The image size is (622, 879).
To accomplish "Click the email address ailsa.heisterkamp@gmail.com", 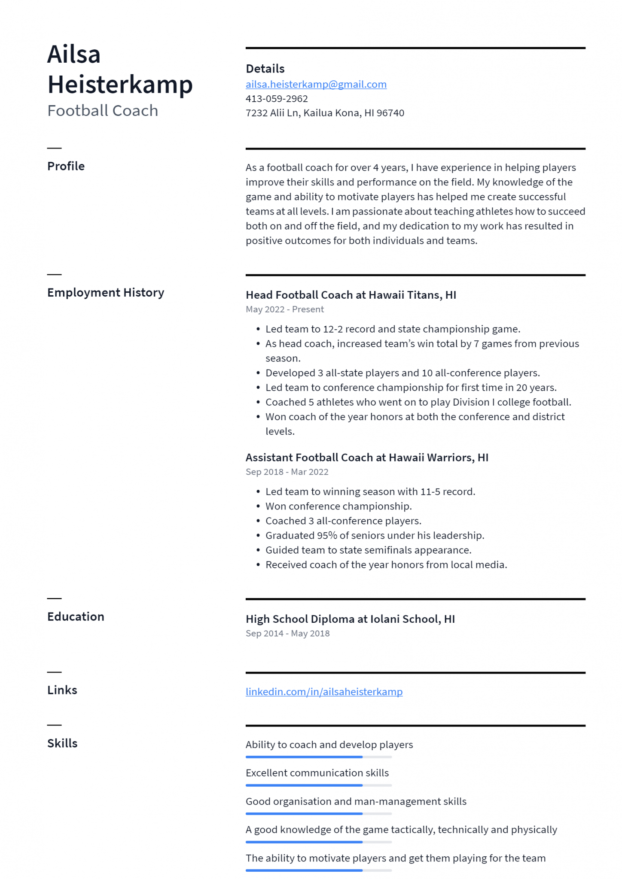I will pyautogui.click(x=316, y=85).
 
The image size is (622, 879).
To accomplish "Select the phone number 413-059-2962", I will pyautogui.click(x=277, y=99).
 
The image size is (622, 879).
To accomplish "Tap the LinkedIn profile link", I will pyautogui.click(x=324, y=691).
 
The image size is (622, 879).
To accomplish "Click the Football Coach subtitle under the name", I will pyautogui.click(x=103, y=111).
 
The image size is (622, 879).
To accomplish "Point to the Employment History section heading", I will pyautogui.click(x=106, y=293).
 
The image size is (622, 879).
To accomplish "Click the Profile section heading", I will pyautogui.click(x=66, y=166).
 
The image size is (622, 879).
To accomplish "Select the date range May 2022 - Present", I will pyautogui.click(x=284, y=309).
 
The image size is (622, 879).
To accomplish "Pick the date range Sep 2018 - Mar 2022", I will pyautogui.click(x=287, y=472).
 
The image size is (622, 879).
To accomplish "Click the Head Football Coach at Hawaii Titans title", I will pyautogui.click(x=351, y=295).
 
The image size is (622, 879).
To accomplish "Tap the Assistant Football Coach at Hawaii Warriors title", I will pyautogui.click(x=366, y=458).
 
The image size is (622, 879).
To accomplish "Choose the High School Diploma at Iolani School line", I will pyautogui.click(x=350, y=619).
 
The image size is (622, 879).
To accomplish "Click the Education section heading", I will pyautogui.click(x=76, y=617).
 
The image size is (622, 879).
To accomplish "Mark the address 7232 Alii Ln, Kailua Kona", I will pyautogui.click(x=324, y=113).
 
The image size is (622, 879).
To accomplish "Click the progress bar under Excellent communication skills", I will pyautogui.click(x=318, y=785).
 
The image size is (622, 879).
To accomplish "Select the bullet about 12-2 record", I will pyautogui.click(x=393, y=329).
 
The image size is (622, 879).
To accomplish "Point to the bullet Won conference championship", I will pyautogui.click(x=338, y=506).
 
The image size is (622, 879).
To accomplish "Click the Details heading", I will pyautogui.click(x=265, y=69).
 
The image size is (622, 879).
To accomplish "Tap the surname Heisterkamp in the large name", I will pyautogui.click(x=120, y=85).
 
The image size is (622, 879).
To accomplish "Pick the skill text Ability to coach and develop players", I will pyautogui.click(x=329, y=745).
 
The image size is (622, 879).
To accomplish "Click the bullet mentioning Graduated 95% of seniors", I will pyautogui.click(x=375, y=536).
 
